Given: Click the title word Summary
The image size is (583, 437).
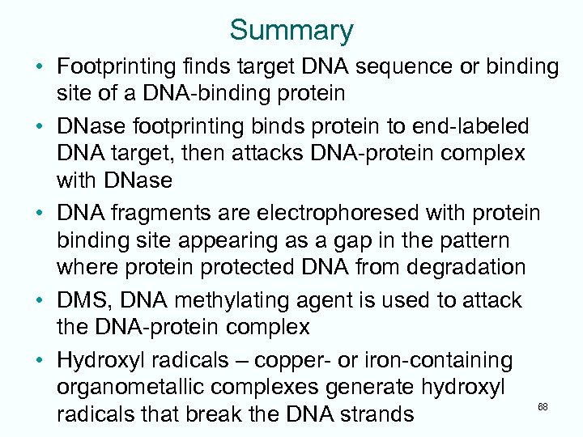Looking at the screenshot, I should (x=291, y=30).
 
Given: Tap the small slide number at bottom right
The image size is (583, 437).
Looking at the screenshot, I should (x=543, y=406).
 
